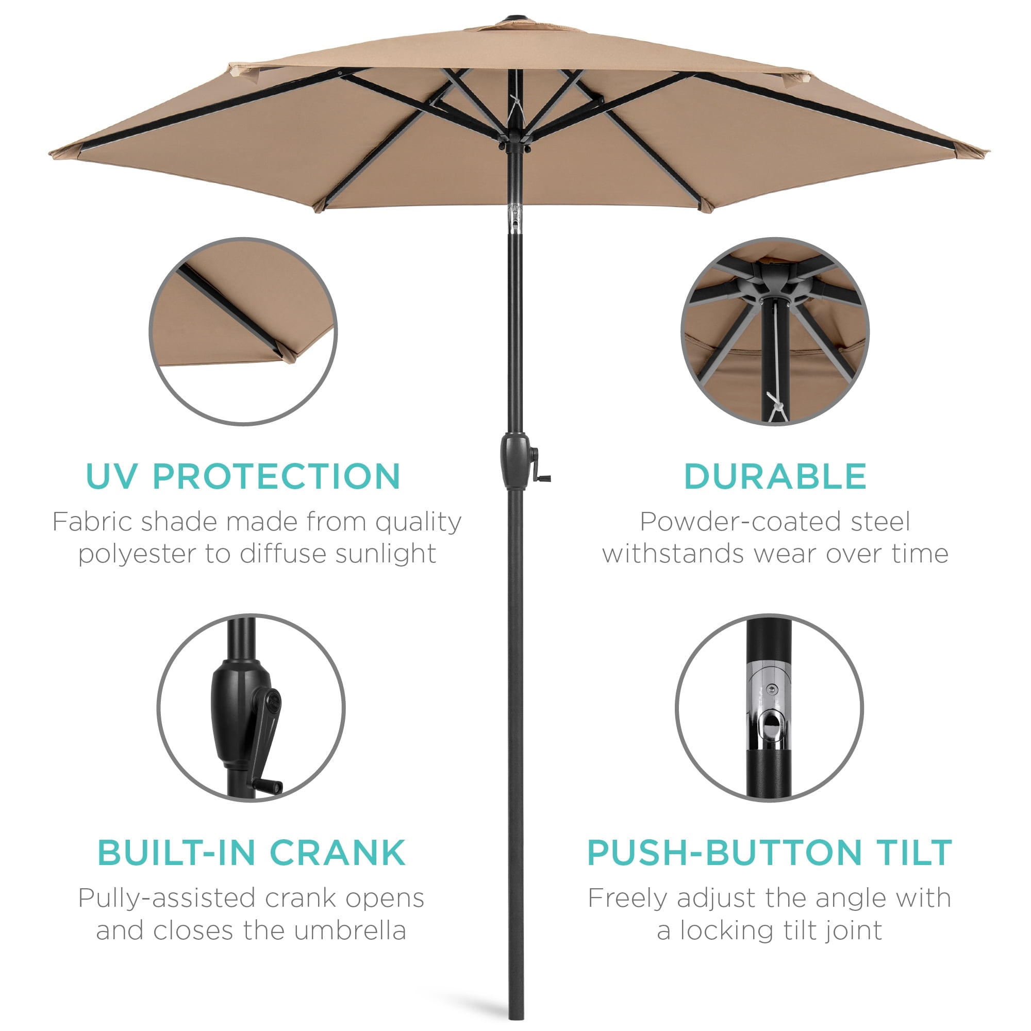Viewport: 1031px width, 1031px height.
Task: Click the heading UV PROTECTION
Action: coord(243,476)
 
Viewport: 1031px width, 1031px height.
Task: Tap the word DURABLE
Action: coord(775,476)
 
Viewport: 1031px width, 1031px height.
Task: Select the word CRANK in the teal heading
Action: coord(337,853)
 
